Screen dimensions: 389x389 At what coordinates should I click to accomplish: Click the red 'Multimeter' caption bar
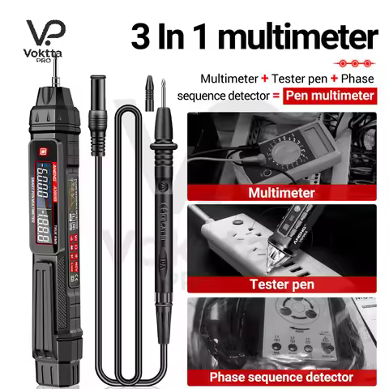pos(283,194)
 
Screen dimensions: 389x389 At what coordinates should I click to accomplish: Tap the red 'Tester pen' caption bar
pos(282,284)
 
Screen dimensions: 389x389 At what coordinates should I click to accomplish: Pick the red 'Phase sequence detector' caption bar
pos(282,377)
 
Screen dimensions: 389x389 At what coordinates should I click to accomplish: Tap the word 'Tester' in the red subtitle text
pos(281,79)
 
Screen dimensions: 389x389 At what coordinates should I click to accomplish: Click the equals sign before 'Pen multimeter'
pos(280,96)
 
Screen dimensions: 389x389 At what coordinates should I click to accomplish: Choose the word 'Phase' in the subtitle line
pos(357,79)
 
